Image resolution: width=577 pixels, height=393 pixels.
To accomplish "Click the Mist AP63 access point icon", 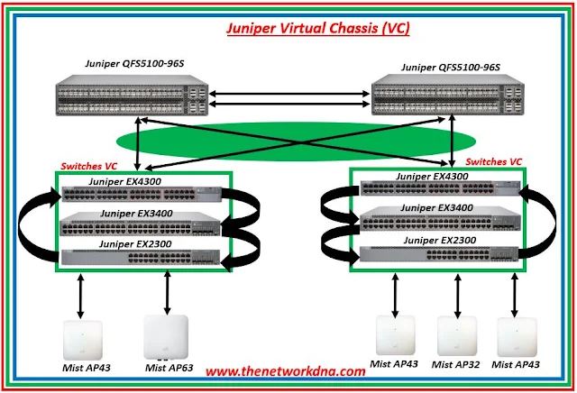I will point(167,338).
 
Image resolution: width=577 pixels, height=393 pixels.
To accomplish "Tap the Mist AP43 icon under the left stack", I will point(80,338).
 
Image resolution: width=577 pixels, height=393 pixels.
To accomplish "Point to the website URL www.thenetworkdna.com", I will point(285,370).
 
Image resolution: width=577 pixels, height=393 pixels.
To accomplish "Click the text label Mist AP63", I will point(167,368).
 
